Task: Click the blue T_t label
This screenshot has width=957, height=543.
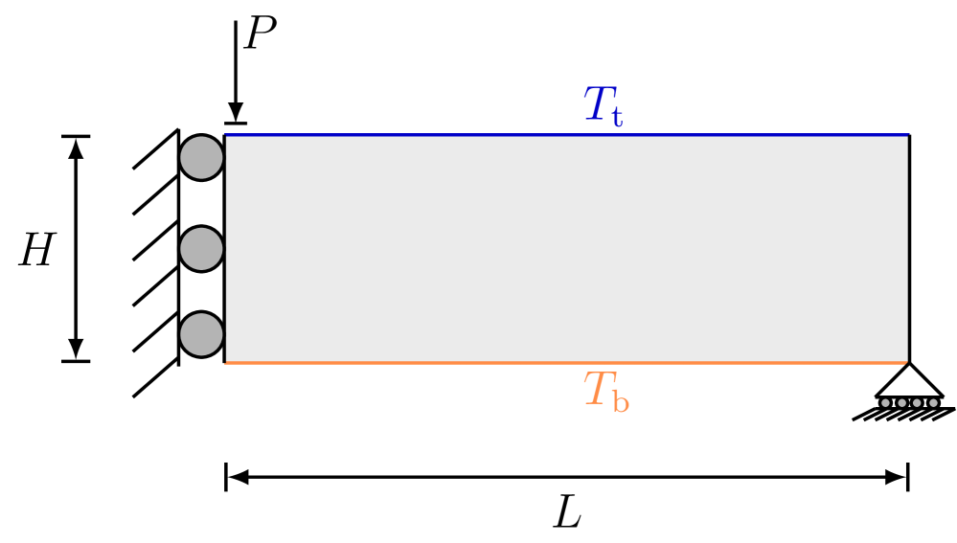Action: click(604, 106)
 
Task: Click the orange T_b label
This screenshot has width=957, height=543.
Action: click(605, 393)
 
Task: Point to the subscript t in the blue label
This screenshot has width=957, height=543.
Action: click(616, 117)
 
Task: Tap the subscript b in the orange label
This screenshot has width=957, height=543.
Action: click(621, 402)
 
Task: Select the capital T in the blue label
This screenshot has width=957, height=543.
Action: click(599, 103)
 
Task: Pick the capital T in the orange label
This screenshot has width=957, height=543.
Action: click(598, 390)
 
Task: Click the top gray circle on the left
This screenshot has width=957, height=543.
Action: click(201, 157)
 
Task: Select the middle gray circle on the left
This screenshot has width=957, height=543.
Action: click(201, 249)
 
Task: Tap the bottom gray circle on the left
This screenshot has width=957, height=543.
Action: click(201, 334)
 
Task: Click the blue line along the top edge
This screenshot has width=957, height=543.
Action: click(565, 135)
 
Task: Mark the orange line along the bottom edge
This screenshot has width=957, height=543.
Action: click(565, 363)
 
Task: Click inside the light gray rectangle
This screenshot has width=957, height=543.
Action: click(565, 249)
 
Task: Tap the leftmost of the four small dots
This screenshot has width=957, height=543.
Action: click(885, 403)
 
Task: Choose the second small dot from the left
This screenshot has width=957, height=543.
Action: click(901, 403)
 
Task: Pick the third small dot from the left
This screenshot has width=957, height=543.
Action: click(917, 403)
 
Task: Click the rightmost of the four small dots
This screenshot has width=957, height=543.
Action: click(933, 403)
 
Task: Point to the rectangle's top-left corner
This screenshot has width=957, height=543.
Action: click(226, 136)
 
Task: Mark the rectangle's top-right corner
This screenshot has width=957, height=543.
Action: click(906, 136)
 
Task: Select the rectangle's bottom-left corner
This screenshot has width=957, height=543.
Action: click(226, 362)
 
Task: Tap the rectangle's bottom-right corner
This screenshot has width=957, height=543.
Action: click(906, 362)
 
